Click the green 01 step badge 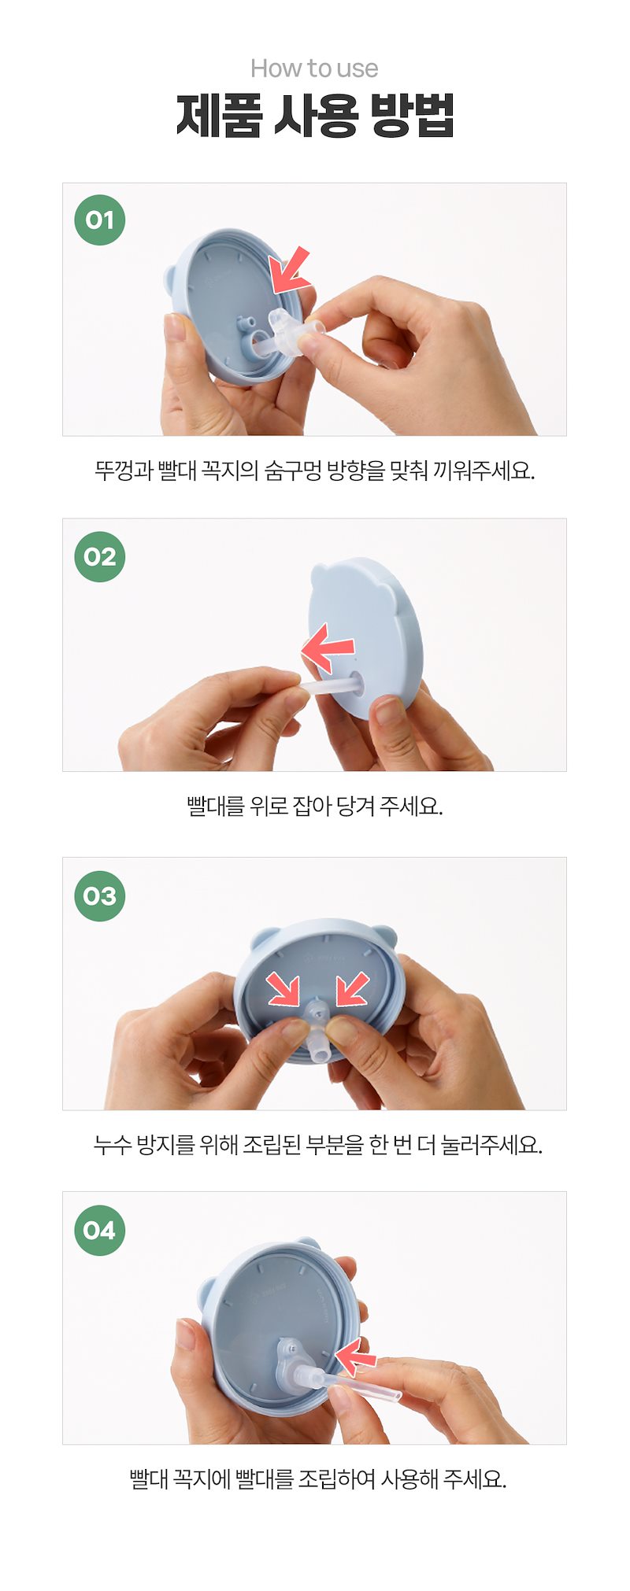[100, 220]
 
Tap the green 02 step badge [100, 556]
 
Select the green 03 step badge [100, 895]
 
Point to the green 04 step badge [100, 1230]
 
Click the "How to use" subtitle [314, 68]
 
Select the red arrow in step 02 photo [327, 648]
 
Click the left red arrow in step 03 [283, 988]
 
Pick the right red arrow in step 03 [353, 988]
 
